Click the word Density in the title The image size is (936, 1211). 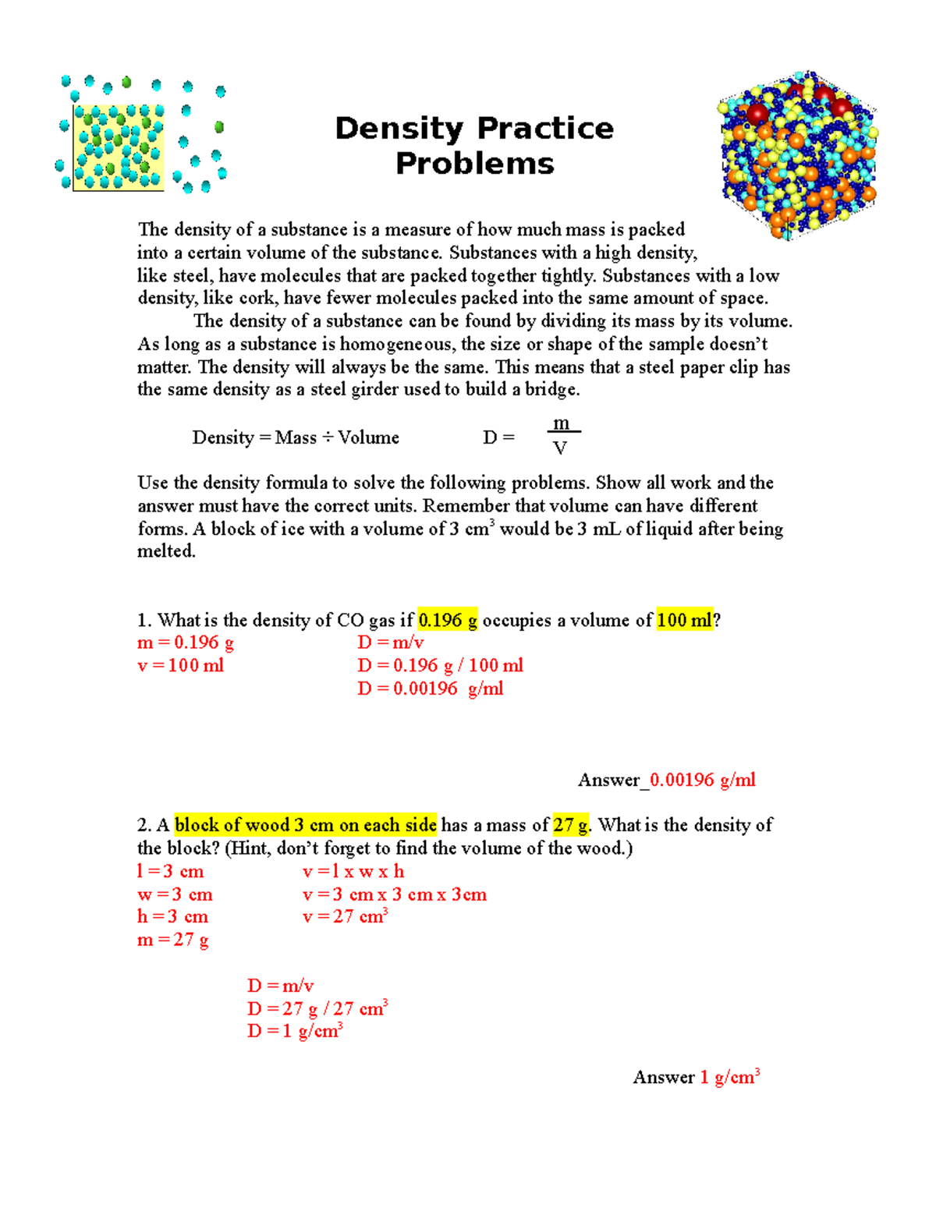pos(399,129)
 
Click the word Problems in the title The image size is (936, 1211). pos(474,164)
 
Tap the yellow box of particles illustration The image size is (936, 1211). pos(119,147)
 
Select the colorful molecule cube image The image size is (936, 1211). pos(797,154)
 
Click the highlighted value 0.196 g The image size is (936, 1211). pos(448,621)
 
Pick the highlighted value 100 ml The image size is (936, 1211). pos(684,621)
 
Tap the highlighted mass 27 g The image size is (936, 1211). pos(571,825)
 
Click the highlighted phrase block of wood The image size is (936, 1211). pos(232,825)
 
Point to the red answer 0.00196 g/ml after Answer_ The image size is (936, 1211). pos(702,780)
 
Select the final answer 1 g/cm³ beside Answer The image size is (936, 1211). pos(729,1078)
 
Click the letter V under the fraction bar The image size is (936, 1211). pos(559,448)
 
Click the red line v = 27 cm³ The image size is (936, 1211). pos(345,917)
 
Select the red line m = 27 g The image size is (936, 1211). pos(173,940)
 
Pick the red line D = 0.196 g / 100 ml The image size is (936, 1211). pos(440,666)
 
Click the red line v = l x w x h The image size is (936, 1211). pos(353,872)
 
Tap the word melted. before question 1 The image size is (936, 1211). pos(166,551)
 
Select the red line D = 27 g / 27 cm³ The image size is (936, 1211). pos(317,1009)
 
